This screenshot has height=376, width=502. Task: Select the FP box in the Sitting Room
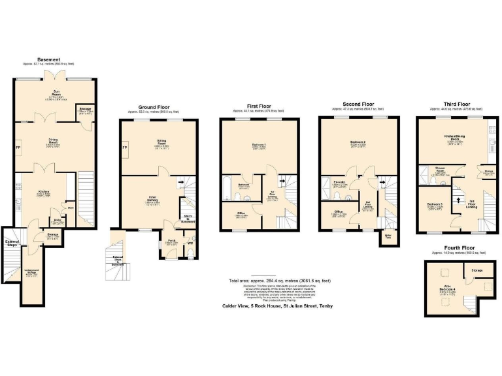[x=124, y=148]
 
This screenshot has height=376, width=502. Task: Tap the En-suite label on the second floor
[x=339, y=183]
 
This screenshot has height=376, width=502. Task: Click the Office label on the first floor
[x=241, y=213]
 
